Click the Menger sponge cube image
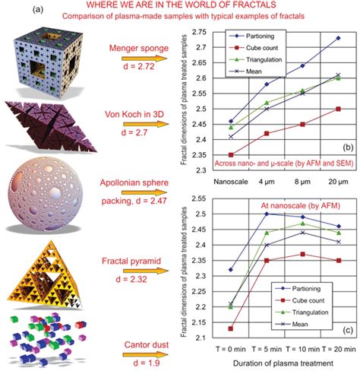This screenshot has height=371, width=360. pyautogui.click(x=47, y=60)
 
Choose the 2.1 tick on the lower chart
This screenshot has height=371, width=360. pyautogui.click(x=201, y=337)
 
